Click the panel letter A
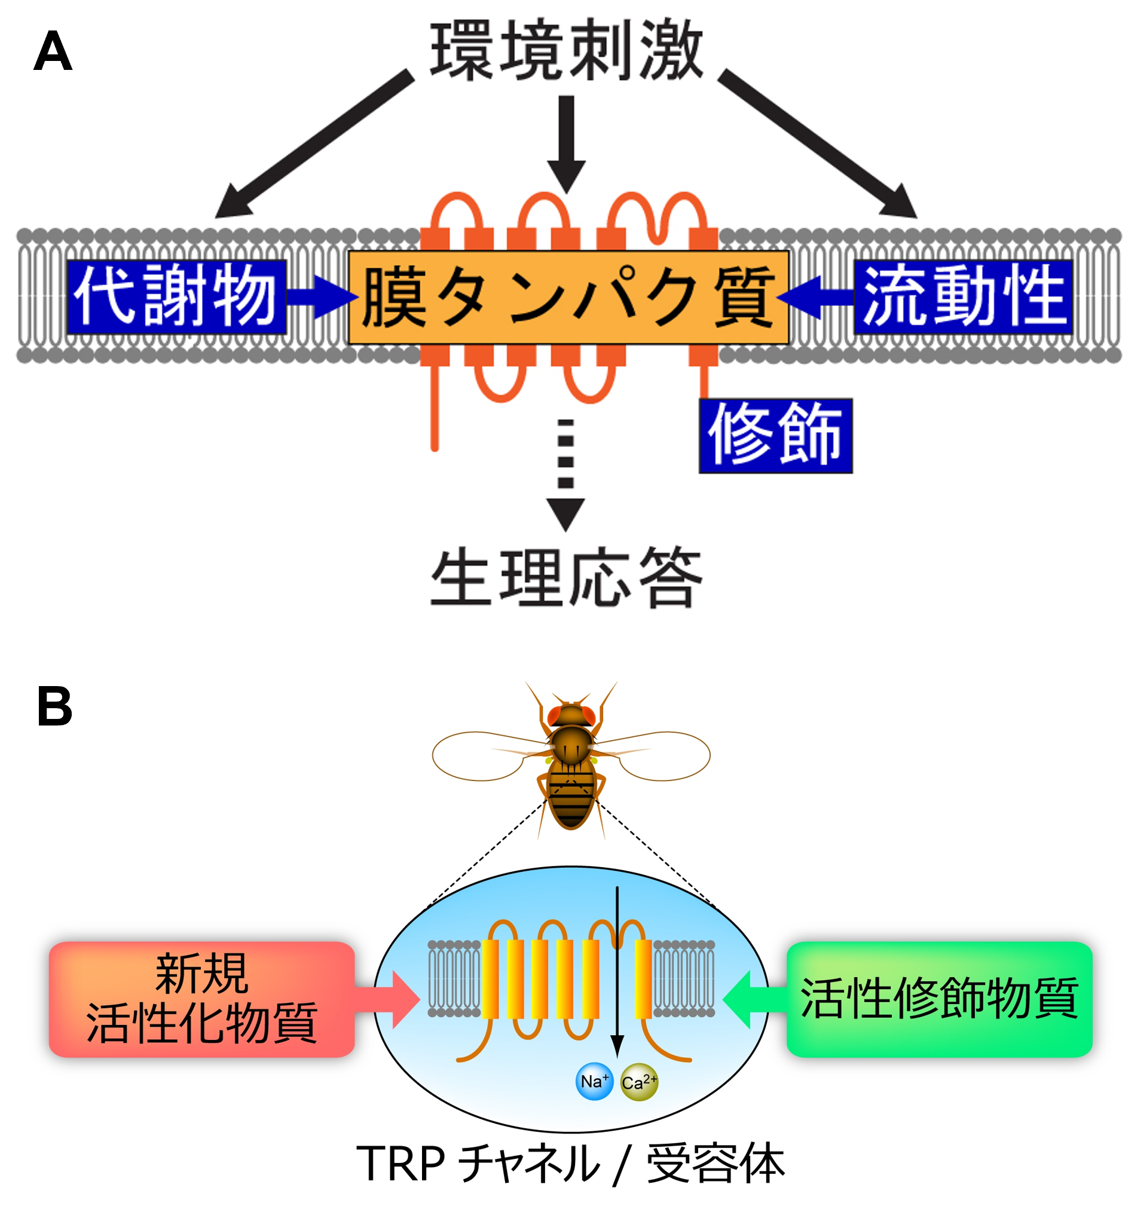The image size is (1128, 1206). click(53, 51)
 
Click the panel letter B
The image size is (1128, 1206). click(54, 706)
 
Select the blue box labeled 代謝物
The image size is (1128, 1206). click(176, 296)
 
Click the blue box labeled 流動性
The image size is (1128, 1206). click(963, 296)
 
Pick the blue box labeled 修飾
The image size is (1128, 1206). click(775, 436)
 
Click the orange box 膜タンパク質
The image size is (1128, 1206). click(568, 297)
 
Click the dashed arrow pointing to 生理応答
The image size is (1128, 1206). click(565, 473)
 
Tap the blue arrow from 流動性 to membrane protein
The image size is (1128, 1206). click(816, 296)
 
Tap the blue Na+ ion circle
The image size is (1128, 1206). click(594, 1082)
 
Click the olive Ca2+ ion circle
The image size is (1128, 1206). click(639, 1082)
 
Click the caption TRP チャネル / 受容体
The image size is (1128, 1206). click(570, 1163)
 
